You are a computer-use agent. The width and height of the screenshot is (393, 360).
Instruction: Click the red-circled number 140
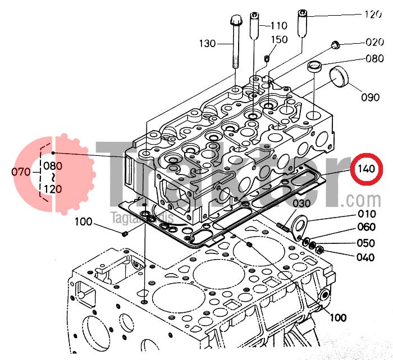(365, 169)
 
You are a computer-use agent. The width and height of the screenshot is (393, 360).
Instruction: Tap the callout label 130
(208, 43)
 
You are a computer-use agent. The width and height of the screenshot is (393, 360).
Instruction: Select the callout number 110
(279, 26)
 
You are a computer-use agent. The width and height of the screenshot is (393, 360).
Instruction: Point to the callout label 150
(279, 40)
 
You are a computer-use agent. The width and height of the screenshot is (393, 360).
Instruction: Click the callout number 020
(375, 42)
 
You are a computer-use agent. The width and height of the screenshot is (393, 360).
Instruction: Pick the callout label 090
(371, 97)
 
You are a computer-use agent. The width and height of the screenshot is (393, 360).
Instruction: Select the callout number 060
(366, 227)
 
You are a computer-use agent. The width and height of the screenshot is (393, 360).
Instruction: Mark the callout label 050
(366, 243)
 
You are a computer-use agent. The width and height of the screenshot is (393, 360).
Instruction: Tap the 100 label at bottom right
(337, 318)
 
